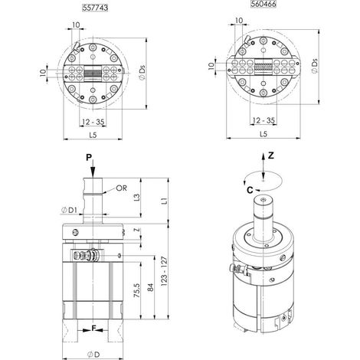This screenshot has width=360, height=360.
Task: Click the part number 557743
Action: pos(95,8)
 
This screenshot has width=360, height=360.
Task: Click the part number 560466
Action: pos(263,4)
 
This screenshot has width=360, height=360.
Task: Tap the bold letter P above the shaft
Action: pos(89,158)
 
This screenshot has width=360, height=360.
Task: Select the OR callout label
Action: pos(121,188)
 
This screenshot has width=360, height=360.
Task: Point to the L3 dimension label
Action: pos(137,198)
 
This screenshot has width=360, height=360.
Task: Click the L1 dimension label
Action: pos(165,201)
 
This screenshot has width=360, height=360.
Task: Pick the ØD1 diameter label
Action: pos(69,210)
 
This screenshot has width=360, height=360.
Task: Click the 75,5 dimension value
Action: pos(137,290)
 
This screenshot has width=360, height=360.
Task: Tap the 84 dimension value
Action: pos(151,288)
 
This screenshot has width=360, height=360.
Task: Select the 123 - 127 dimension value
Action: pos(165,271)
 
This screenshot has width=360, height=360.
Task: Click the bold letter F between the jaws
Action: pos(93,329)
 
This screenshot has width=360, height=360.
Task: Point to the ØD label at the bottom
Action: pos(93,355)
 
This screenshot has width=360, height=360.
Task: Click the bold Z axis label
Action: pos(270,155)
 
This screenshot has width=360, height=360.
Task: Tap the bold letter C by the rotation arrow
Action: pos(250,190)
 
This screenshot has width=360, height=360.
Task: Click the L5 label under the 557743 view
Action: pos(93,135)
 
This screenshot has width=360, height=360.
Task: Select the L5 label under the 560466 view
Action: pos(263,134)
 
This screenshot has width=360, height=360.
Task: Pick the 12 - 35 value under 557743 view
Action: pos(93,122)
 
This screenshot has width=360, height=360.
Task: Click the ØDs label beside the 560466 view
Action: pos(315,67)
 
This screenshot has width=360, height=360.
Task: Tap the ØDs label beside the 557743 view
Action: pos(142,73)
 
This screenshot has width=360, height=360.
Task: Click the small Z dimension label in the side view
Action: pos(138,230)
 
